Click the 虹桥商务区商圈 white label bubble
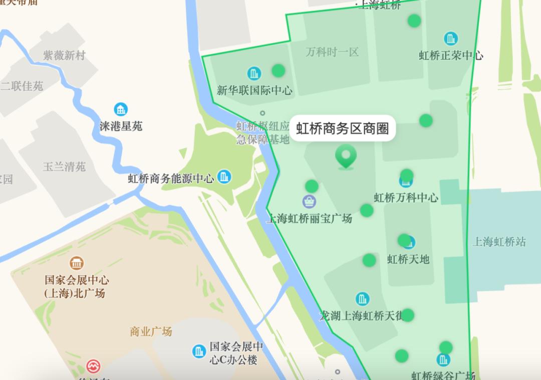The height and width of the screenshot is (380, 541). [x=343, y=128]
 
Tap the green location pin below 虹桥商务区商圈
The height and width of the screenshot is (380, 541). [x=346, y=156]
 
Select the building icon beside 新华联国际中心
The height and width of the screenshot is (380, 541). [x=254, y=73]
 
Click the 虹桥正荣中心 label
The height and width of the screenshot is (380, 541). [x=451, y=55]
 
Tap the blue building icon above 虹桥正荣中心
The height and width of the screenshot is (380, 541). [x=450, y=38]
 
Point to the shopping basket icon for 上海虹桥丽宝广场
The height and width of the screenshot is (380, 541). [x=310, y=201]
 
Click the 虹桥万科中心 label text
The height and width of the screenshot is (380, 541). [x=406, y=197]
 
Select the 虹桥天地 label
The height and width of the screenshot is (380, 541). [x=408, y=259]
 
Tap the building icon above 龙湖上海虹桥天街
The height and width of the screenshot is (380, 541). [x=362, y=299]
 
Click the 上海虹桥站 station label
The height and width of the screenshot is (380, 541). [x=499, y=242]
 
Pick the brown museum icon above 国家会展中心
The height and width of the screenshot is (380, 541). [x=77, y=263]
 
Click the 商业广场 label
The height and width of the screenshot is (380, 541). [x=151, y=331]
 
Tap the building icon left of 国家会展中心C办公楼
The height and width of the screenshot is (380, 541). [x=199, y=351]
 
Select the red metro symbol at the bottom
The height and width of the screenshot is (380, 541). [x=93, y=366]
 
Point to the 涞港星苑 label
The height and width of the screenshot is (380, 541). [x=121, y=126]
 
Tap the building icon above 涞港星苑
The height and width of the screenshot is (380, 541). [x=121, y=108]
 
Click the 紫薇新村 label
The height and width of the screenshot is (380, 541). [x=64, y=55]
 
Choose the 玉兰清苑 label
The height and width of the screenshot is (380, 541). [x=64, y=166]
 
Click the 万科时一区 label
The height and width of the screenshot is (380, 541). [x=332, y=52]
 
